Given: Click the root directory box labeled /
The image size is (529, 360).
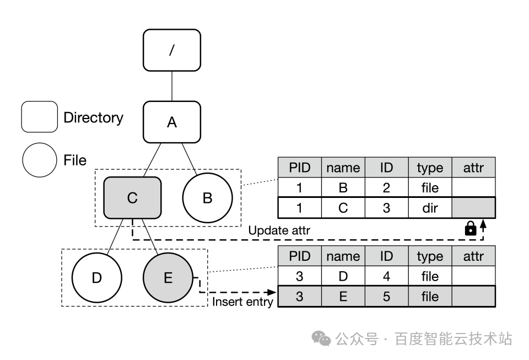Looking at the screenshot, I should (172, 50).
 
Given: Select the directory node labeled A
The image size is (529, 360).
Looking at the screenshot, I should (172, 122).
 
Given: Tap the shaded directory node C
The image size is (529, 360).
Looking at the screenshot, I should (132, 197).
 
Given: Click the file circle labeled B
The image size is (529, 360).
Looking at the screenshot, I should (207, 198).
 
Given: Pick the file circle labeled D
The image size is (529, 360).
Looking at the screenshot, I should (97, 277).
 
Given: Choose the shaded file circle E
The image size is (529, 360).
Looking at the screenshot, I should (168, 277).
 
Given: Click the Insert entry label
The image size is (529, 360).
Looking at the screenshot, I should (242, 302).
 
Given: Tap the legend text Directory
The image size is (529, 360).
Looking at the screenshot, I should (93, 117).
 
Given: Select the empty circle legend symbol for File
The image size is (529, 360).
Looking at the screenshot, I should (39, 160).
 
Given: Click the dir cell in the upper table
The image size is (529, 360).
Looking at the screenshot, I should (430, 208).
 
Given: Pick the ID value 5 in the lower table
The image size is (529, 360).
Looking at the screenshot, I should (386, 297).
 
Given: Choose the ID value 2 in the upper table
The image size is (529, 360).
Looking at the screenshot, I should (386, 187).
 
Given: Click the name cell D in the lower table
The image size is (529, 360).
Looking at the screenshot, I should (343, 276).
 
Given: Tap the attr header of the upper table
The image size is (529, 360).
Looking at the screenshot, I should (473, 168).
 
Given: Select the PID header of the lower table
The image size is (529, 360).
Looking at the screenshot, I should (299, 256).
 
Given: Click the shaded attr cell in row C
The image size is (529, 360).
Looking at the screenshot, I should (473, 208).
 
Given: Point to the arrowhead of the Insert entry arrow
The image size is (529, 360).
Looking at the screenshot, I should (271, 293).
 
